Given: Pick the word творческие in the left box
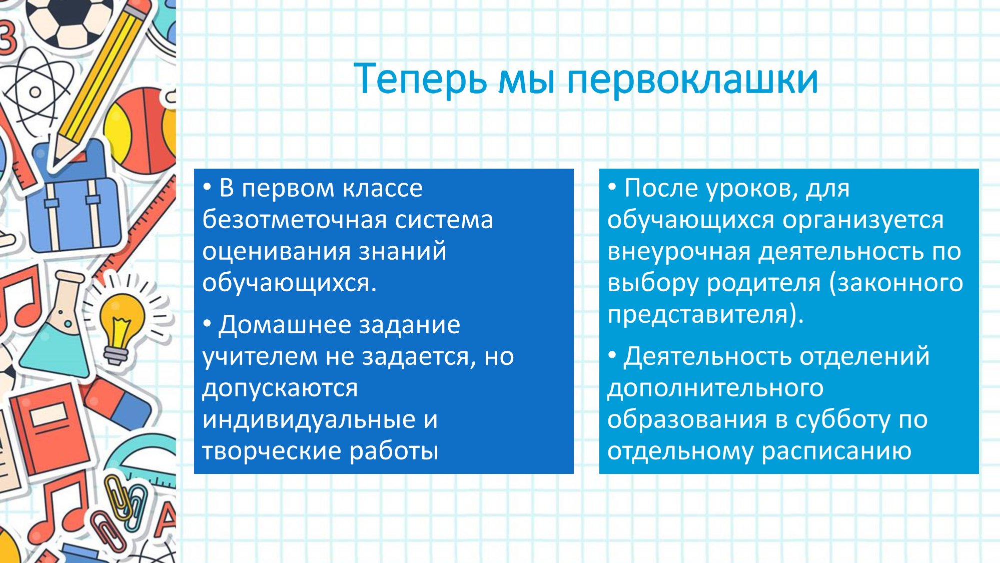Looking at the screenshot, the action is [271, 451].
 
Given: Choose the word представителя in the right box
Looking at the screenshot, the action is [697, 314].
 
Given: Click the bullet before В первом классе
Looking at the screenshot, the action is [207, 188].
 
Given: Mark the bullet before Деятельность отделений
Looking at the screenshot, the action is [612, 356].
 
